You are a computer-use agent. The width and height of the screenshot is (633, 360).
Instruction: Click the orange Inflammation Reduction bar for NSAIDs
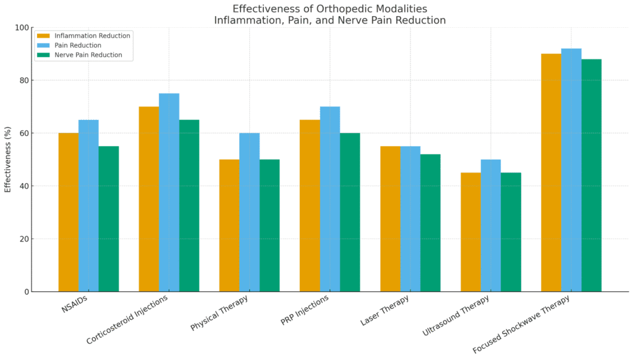click(69, 212)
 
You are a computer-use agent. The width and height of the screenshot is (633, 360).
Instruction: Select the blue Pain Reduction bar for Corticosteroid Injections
click(169, 192)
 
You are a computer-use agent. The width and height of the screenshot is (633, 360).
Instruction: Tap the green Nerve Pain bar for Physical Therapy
click(270, 225)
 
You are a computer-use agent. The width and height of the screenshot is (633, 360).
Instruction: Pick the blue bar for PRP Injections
click(329, 199)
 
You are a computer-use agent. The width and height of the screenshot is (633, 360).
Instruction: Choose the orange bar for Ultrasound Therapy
click(470, 232)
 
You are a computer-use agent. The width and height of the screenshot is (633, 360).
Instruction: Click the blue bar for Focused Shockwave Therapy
click(571, 170)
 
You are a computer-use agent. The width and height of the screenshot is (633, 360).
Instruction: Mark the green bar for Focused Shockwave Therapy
click(591, 175)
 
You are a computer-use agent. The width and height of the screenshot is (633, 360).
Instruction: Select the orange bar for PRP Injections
click(310, 205)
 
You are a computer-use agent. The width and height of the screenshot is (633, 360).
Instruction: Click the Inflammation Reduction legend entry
click(91, 36)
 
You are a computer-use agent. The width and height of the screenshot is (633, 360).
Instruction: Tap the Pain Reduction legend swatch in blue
click(43, 45)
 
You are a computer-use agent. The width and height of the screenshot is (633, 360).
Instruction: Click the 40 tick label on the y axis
click(24, 186)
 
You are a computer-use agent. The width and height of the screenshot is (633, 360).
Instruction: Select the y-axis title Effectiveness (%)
click(8, 160)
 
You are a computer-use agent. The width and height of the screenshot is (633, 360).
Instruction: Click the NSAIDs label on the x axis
click(74, 305)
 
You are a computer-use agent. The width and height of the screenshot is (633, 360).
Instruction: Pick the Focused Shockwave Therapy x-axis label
click(521, 324)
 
